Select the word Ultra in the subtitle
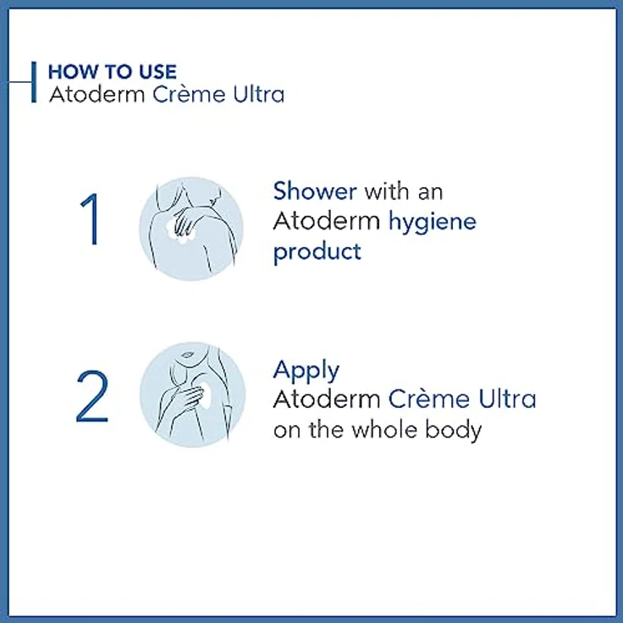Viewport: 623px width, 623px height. (258, 94)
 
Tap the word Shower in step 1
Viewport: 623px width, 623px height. (314, 191)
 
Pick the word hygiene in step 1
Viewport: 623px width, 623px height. (432, 222)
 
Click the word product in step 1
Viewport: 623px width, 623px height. (317, 252)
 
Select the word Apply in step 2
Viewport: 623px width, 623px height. (306, 370)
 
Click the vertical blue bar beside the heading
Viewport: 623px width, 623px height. (34, 82)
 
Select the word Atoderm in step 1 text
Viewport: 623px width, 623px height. (327, 222)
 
